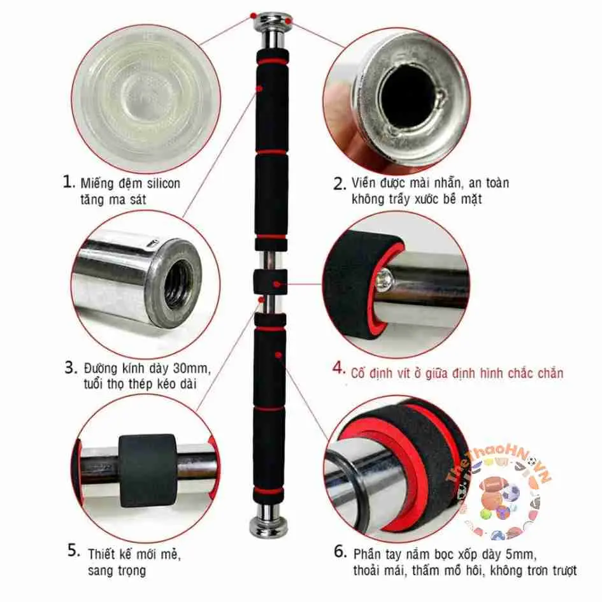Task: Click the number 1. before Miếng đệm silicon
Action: (x=69, y=182)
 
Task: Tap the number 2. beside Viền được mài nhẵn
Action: (x=340, y=184)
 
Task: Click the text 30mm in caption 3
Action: (x=190, y=369)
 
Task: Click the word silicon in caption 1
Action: (x=161, y=183)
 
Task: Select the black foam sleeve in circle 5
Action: (x=148, y=469)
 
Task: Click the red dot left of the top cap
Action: (x=253, y=15)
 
